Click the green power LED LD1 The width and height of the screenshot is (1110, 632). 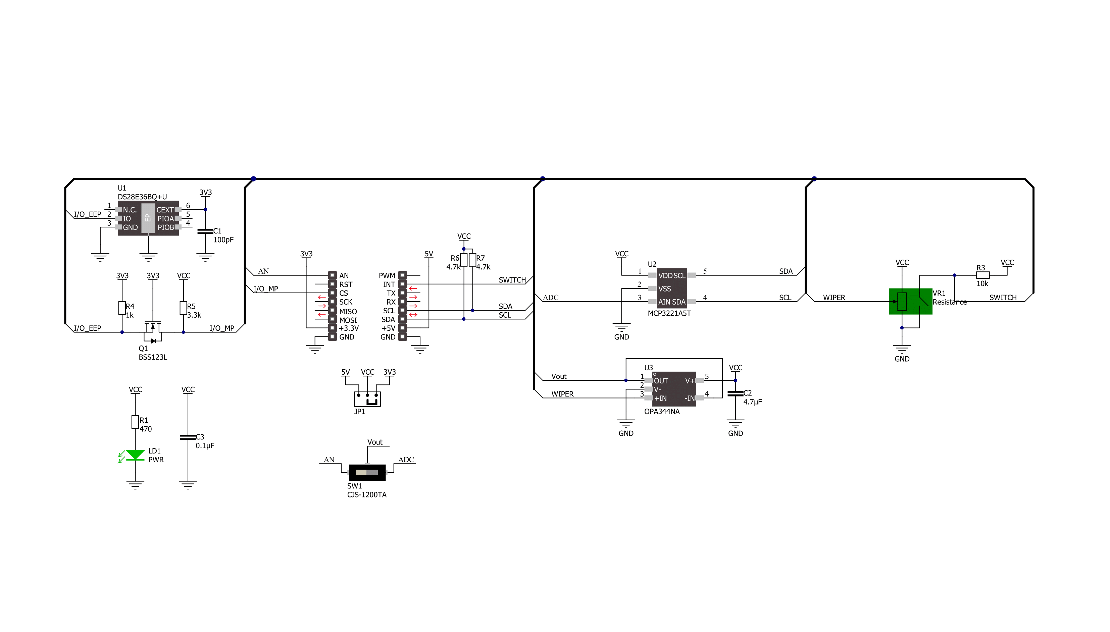(x=135, y=455)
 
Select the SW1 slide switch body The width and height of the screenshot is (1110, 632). (x=367, y=472)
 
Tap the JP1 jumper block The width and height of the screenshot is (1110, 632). (x=367, y=399)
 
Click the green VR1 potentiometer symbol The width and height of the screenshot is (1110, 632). (x=910, y=301)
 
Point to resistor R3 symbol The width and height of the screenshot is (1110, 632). (x=983, y=275)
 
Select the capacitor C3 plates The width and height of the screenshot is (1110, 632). (x=188, y=437)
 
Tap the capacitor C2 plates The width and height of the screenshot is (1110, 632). (x=736, y=393)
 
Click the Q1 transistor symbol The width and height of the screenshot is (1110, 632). (x=152, y=332)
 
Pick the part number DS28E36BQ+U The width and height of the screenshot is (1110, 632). (x=142, y=197)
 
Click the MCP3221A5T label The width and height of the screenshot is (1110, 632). (x=669, y=313)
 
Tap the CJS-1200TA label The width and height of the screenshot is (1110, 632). (x=366, y=495)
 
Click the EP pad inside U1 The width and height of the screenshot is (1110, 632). (x=148, y=218)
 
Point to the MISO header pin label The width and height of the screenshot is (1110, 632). (x=348, y=312)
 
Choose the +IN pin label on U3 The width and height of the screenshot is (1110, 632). (x=660, y=399)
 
